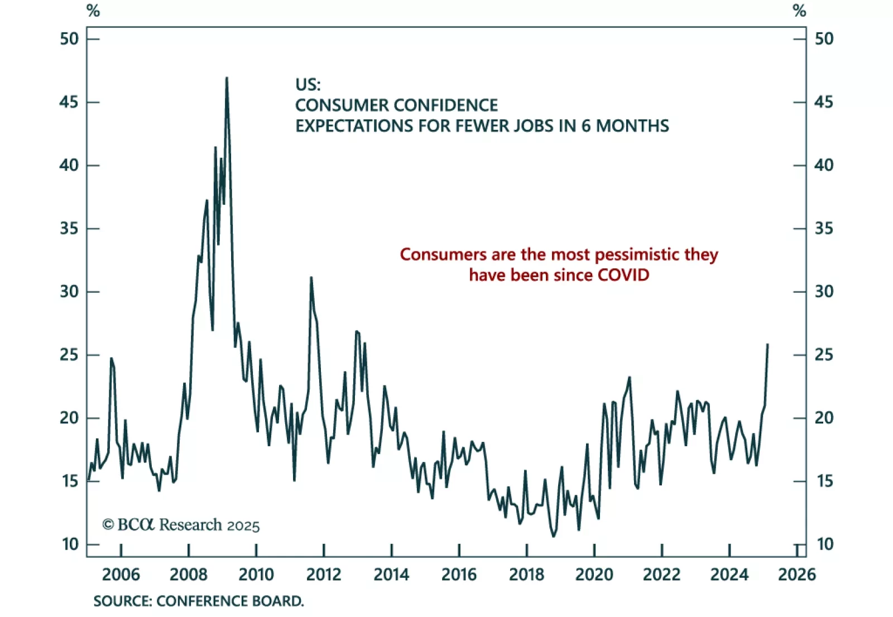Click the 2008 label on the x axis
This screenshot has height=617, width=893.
[189, 574]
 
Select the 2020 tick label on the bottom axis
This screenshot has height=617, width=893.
[594, 574]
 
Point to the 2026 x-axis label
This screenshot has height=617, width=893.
[796, 574]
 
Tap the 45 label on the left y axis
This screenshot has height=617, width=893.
[69, 102]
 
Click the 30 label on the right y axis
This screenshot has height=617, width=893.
[824, 291]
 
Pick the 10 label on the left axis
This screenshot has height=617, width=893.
[70, 544]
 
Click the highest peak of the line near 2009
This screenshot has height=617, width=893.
[227, 78]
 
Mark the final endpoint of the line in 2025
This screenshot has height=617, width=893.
[768, 344]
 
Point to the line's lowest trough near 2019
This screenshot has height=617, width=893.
[554, 536]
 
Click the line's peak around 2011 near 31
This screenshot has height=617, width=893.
[311, 277]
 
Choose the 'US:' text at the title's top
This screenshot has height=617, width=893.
[308, 85]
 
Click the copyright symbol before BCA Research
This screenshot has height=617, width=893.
[108, 525]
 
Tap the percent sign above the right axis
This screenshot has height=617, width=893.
[799, 11]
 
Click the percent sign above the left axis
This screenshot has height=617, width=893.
[93, 11]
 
